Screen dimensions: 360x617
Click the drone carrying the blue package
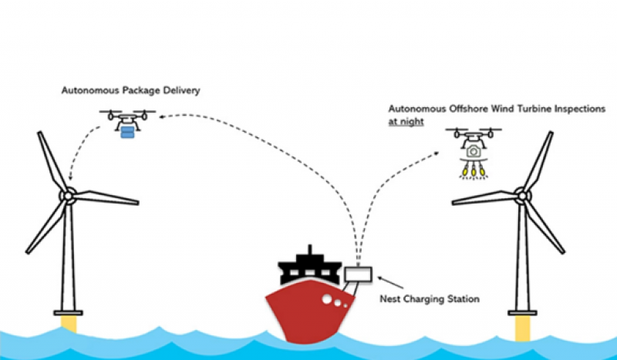pyautogui.click(x=127, y=117)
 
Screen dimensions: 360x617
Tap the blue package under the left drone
pyautogui.click(x=127, y=132)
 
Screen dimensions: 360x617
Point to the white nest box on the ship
pyautogui.click(x=359, y=273)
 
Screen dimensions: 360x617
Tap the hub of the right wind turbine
pyautogui.click(x=523, y=197)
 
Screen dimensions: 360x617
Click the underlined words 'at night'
pyautogui.click(x=406, y=122)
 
